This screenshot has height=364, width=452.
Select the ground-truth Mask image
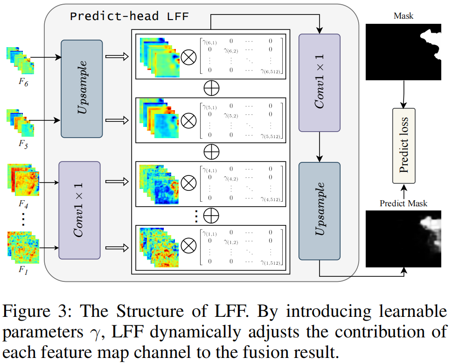coord(404,52)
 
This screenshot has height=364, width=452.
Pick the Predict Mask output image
coord(404,239)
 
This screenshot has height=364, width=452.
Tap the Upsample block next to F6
coord(81,89)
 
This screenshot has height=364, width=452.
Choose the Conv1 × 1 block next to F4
coord(79,210)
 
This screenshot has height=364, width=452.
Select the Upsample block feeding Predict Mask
coord(320,210)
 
